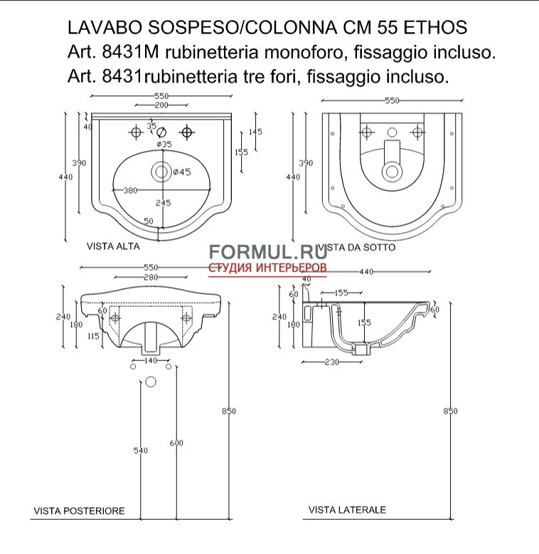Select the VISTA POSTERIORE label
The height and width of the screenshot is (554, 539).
pos(79,511)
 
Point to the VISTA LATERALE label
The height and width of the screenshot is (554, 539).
pos(347,510)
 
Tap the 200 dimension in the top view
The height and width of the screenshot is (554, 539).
pos(161,105)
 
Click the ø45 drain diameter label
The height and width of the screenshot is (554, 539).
pos(180,172)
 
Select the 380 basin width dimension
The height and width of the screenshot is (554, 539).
pos(131,190)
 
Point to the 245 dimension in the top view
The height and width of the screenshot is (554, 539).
pos(164,203)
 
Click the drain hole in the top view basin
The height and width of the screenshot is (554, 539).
pos(161,171)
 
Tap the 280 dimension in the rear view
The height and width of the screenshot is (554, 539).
pos(150,277)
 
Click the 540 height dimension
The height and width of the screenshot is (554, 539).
pos(141,451)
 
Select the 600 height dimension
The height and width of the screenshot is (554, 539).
pos(176,444)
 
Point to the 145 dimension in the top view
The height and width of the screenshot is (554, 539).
pos(256,132)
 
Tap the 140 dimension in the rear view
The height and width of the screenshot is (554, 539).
pos(150,361)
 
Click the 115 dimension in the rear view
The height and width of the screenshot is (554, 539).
pos(92,335)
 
